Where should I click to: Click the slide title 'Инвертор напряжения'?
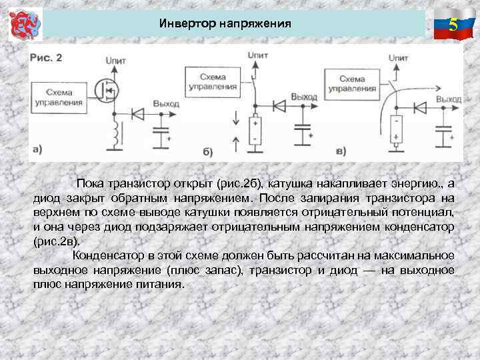[x=225, y=24]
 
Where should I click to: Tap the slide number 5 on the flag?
[x=453, y=25]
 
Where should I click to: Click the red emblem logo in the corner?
[x=24, y=25]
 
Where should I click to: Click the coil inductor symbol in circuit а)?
[x=119, y=134]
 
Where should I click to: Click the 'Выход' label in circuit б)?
[x=305, y=97]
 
